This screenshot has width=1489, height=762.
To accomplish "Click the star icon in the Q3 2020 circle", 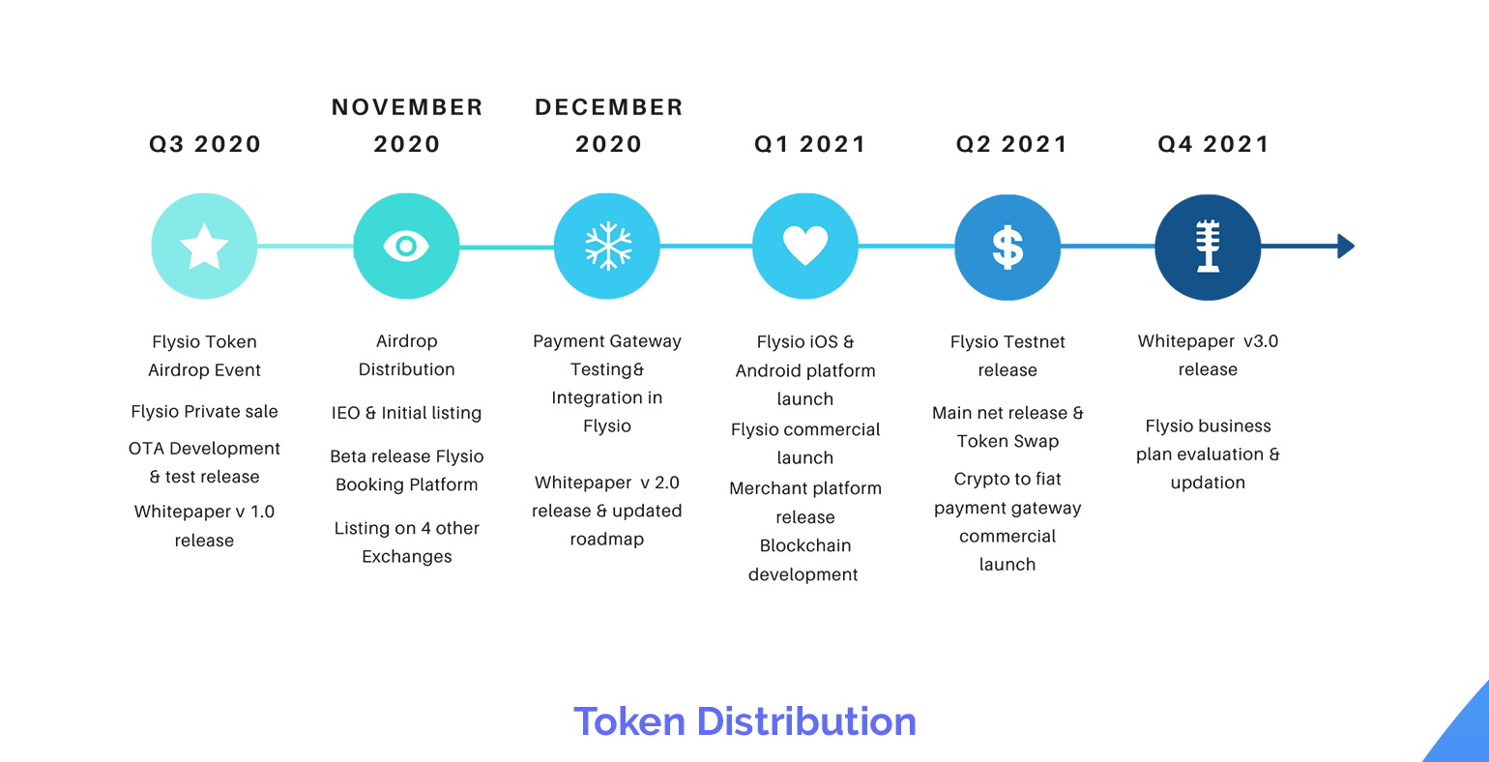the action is [204, 246].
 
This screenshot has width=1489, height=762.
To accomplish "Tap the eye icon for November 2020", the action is [406, 246].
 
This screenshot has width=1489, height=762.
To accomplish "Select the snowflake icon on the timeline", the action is [607, 246].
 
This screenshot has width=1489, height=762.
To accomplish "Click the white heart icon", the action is [805, 246].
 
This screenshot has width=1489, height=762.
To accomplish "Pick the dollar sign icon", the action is [1007, 248].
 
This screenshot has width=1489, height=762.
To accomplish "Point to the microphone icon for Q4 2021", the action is [1208, 246].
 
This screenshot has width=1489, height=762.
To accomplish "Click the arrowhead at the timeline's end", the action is [1346, 246].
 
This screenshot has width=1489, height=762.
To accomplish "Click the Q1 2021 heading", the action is [810, 144].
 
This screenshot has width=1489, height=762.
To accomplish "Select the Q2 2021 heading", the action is [1011, 144].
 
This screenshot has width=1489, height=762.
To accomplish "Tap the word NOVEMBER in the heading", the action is [407, 107].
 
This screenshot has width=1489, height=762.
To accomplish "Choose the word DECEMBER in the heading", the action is [609, 107].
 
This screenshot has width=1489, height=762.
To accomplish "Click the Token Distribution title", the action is [744, 721].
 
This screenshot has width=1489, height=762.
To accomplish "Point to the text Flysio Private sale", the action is [204, 412].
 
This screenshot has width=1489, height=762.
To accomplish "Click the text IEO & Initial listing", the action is [406, 413].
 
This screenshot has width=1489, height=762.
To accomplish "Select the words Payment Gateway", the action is [607, 341].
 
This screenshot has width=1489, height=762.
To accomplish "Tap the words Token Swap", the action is [1007, 442].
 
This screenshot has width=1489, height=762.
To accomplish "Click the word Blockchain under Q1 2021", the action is [805, 546].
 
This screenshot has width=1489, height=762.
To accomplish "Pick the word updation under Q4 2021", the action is [1208, 483].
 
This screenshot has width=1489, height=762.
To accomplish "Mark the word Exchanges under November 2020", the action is [407, 557].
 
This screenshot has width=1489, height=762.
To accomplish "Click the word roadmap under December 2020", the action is [607, 540].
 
